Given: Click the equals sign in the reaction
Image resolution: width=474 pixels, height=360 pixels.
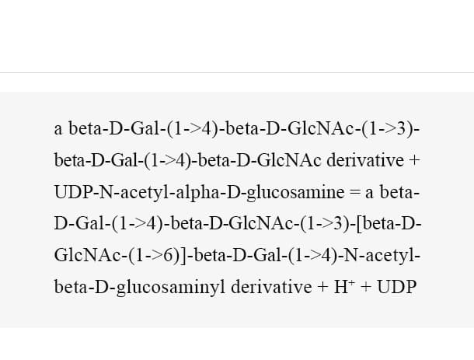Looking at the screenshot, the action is point(355,192).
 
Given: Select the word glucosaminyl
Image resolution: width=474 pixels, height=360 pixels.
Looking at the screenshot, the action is point(171,287).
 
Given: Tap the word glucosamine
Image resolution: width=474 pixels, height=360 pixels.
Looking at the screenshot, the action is point(295,192).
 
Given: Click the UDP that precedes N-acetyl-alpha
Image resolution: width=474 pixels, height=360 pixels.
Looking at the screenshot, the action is point(72,192).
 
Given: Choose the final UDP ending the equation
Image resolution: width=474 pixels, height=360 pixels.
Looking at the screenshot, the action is point(396,287).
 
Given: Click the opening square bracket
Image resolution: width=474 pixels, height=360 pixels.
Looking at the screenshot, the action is point(359,224).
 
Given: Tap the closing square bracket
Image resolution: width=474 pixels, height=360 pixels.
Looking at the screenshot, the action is point(185,255).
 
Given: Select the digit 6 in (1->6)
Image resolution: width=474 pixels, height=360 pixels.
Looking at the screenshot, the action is point(169,255).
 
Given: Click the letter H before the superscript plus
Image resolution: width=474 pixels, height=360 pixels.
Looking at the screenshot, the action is point(340,287).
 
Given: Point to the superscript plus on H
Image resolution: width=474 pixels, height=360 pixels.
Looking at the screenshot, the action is point(351,282).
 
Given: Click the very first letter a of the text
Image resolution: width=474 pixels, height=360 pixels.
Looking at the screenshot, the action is point(58,130).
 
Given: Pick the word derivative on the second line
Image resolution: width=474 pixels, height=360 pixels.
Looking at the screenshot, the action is point(365,160).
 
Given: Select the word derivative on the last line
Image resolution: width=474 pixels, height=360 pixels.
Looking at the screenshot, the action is point(271,287).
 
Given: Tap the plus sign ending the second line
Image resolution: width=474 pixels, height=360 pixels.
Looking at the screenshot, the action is point(414,160).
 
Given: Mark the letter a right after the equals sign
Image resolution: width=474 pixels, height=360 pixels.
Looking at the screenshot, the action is point(369,193).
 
